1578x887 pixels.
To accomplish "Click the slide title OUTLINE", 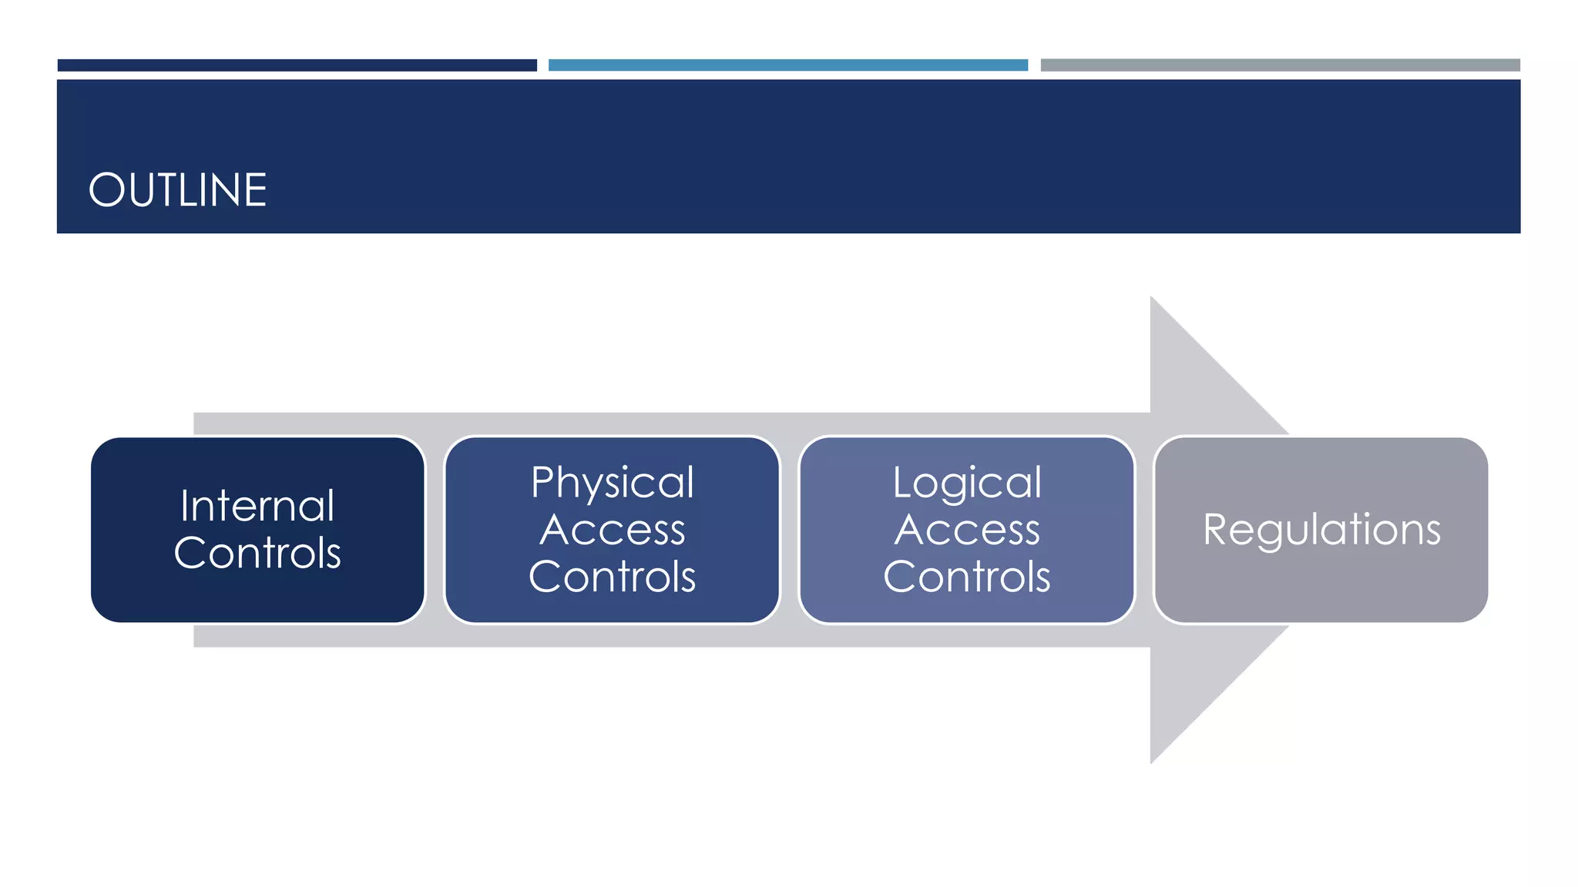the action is tap(177, 190).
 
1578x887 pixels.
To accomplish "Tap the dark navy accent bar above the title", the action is tap(297, 65).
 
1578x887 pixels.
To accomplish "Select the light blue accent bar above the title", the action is tap(787, 65).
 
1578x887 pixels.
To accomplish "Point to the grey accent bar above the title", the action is tap(1280, 65).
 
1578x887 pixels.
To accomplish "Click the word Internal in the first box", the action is tap(257, 506).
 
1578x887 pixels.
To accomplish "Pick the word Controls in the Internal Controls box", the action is tap(257, 553).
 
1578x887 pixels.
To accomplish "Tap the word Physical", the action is tap(613, 484).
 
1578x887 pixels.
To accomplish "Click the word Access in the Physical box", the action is tap(613, 530).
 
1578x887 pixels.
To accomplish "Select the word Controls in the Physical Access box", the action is tap(613, 577).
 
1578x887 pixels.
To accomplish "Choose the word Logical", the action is tap(967, 484).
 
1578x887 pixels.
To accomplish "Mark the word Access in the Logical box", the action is tap(967, 530).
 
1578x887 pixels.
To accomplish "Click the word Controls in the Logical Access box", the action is tap(967, 577).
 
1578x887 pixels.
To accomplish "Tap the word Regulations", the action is tap(1321, 530).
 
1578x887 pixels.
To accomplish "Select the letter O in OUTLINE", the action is tap(106, 190).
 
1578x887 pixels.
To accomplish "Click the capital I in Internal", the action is tap(185, 506).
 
